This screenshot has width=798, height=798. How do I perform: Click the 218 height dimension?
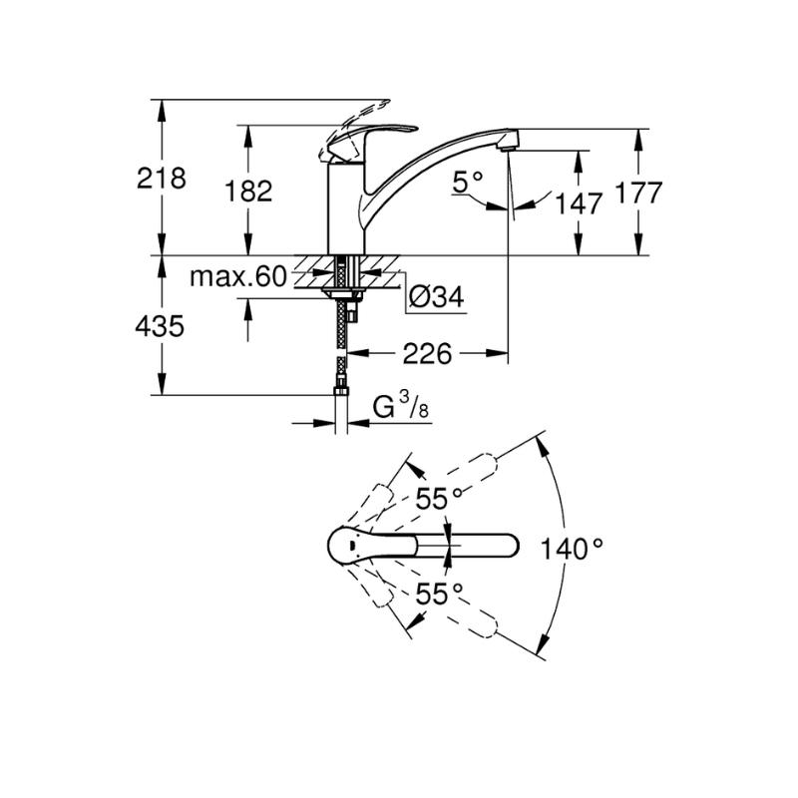click(x=162, y=179)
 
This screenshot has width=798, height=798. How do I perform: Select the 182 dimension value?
click(x=248, y=192)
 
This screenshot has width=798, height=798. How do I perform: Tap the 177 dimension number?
click(x=638, y=193)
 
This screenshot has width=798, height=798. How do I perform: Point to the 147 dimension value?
click(x=579, y=203)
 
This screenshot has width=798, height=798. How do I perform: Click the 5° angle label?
click(x=467, y=182)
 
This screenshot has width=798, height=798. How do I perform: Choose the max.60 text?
click(x=238, y=277)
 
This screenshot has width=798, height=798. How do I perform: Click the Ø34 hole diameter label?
click(x=437, y=297)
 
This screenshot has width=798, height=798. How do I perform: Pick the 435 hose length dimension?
click(x=160, y=326)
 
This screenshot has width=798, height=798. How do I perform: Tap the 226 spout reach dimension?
click(x=427, y=353)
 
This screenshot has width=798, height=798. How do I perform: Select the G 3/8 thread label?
click(x=401, y=406)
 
